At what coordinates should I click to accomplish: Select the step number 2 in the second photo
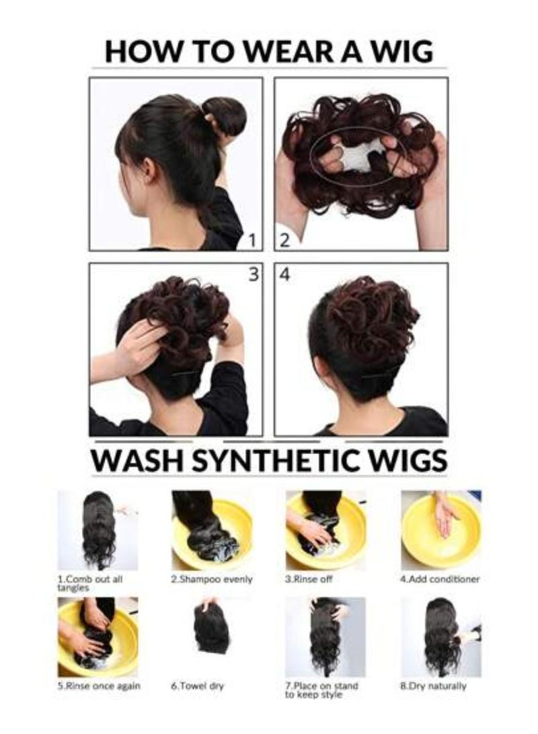click(x=284, y=240)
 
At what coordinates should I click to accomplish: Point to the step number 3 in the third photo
click(x=253, y=275)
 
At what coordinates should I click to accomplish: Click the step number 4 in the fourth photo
click(x=285, y=275)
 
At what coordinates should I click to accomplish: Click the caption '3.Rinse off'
click(x=309, y=579)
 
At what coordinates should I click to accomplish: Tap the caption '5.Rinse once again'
click(x=99, y=686)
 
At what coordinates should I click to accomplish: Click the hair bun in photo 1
click(x=225, y=114)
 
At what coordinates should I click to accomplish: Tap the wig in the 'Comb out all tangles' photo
click(x=98, y=528)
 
